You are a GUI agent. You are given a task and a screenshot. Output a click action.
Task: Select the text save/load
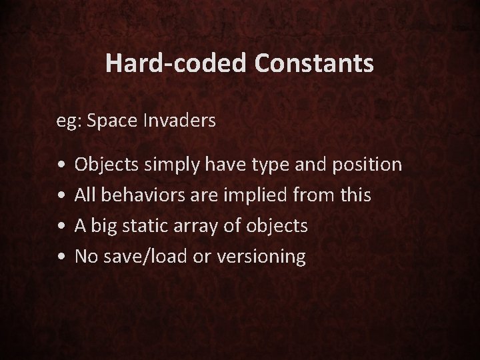(136, 257)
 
